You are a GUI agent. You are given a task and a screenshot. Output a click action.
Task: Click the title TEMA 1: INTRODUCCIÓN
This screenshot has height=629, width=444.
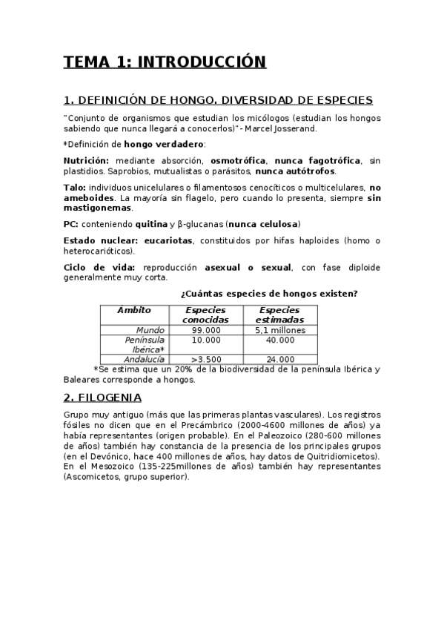pyautogui.click(x=164, y=62)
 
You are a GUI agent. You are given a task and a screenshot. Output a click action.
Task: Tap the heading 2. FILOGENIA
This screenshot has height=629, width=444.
pyautogui.click(x=112, y=396)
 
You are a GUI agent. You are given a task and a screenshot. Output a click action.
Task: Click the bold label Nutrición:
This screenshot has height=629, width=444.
pyautogui.click(x=86, y=160)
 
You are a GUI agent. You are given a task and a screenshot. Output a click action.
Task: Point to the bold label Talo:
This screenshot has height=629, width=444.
pyautogui.click(x=75, y=188)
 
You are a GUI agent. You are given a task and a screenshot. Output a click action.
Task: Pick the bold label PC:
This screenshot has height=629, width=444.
pyautogui.click(x=73, y=223)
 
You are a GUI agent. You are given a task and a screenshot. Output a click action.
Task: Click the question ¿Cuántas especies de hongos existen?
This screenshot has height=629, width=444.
pyautogui.click(x=269, y=294)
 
